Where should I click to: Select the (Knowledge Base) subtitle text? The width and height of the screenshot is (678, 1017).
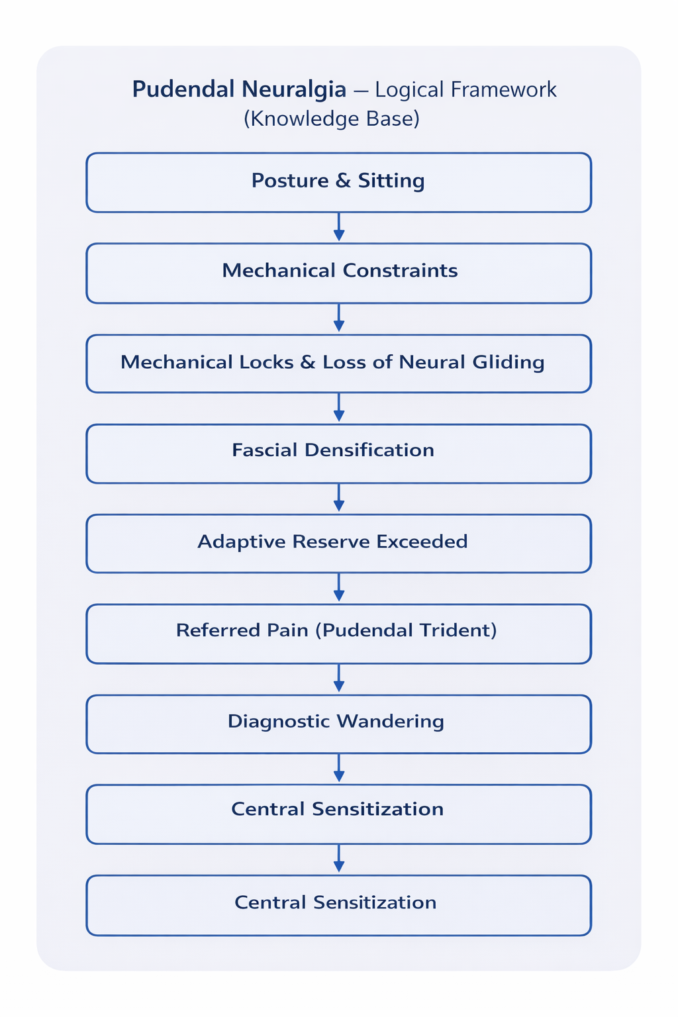[x=331, y=119]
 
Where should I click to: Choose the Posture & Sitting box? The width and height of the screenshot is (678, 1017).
[x=338, y=182]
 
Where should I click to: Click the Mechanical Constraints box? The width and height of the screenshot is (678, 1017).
[x=338, y=273]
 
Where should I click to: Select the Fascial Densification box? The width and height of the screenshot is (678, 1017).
[x=338, y=453]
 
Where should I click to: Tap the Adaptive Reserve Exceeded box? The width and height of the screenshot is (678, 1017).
[x=338, y=543]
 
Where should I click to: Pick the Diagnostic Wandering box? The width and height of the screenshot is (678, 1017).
[x=338, y=723]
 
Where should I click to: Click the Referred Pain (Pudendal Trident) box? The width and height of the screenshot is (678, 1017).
[x=338, y=633]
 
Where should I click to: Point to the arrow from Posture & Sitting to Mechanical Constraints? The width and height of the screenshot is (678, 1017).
[x=338, y=227]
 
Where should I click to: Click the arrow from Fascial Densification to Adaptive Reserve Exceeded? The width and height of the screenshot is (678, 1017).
[x=338, y=498]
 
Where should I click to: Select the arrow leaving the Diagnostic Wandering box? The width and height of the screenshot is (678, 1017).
[x=338, y=768]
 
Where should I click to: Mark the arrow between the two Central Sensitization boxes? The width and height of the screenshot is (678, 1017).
[x=338, y=859]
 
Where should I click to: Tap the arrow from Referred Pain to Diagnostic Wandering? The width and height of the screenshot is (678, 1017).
[x=338, y=678]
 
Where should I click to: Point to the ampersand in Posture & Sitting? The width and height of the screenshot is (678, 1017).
[x=342, y=181]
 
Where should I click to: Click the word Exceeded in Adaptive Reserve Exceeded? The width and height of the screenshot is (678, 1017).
[x=422, y=542]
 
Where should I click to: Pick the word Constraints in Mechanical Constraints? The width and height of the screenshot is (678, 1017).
[x=400, y=271]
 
